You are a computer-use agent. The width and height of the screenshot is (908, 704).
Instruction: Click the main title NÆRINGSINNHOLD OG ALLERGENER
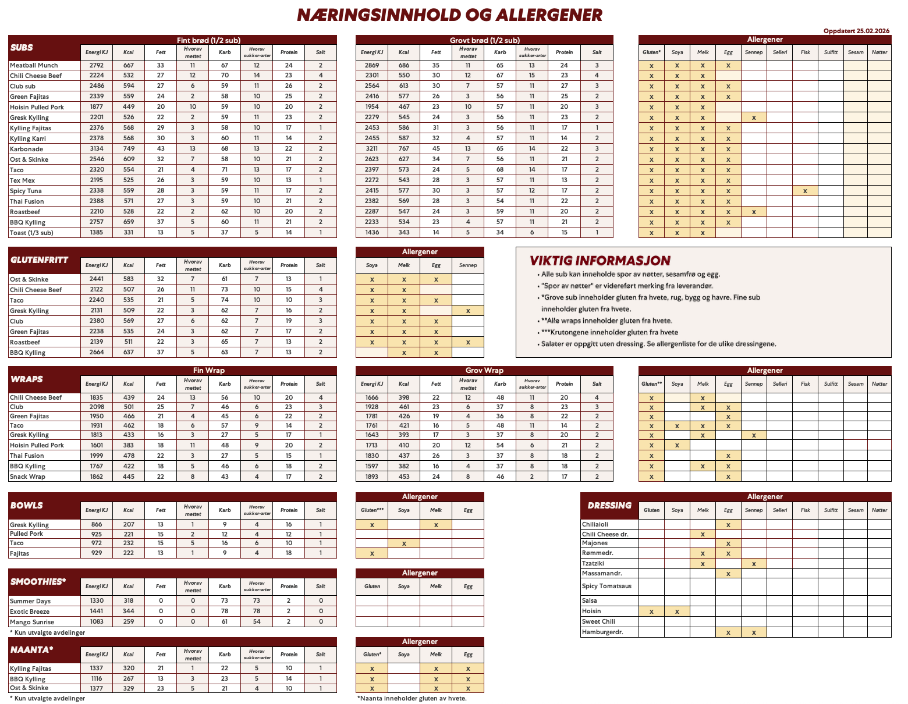tap(449, 15)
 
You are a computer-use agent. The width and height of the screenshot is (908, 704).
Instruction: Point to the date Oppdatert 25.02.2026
tap(856, 31)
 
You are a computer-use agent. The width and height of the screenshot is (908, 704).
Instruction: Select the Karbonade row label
tap(26, 149)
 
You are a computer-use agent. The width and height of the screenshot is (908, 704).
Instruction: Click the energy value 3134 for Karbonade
tap(97, 149)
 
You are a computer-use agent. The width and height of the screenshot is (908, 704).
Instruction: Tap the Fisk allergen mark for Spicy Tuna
tap(805, 191)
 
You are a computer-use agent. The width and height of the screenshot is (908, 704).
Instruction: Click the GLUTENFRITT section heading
tap(39, 260)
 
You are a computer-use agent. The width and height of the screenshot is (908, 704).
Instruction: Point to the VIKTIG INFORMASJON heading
tap(600, 261)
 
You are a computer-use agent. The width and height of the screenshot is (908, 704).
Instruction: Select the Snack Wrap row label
tap(27, 477)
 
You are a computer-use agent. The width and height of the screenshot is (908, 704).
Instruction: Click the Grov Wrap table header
tap(484, 371)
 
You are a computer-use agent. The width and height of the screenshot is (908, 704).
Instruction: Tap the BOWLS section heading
tap(26, 506)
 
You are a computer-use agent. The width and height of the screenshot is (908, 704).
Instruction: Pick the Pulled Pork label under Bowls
tap(26, 534)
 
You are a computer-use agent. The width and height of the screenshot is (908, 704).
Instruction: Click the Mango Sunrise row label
tap(32, 622)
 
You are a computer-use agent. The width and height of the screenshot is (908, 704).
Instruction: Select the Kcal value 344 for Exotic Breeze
tap(129, 611)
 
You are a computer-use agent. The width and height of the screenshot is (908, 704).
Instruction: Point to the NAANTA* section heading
tap(31, 650)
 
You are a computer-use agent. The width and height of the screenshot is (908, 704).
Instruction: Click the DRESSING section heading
tap(609, 506)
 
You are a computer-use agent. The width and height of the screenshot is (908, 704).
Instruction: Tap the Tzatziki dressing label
tap(593, 563)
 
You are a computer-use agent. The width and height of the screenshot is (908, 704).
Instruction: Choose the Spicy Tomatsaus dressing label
tap(606, 586)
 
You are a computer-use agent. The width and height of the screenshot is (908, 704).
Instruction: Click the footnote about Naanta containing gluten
tap(412, 698)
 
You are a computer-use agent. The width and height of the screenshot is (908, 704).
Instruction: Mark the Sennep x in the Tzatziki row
tap(754, 564)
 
